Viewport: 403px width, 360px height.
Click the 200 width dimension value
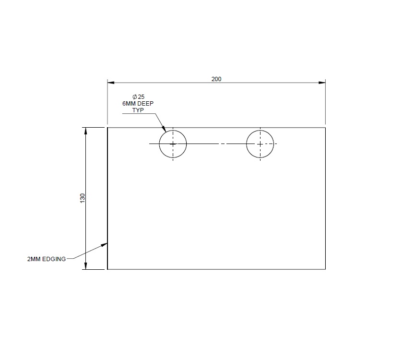tap(216, 79)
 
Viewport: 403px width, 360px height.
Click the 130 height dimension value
tap(83, 198)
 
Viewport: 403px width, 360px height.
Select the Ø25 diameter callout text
tap(139, 97)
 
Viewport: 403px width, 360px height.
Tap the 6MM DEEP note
tap(138, 104)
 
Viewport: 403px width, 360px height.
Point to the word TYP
tap(138, 110)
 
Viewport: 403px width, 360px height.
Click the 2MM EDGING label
tap(47, 259)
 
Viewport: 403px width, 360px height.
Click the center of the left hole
tap(173, 144)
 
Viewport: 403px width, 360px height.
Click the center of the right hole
tap(260, 144)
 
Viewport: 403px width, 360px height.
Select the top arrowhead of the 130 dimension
tap(85, 130)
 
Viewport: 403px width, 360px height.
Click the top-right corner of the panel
tap(325, 127)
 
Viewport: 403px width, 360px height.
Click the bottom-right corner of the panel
tap(325, 269)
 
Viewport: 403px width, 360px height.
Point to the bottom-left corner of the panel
tap(107, 269)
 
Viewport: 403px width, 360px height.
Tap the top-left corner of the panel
tap(107, 127)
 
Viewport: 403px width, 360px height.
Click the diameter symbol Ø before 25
tap(135, 97)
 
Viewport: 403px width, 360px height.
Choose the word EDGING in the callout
tap(54, 259)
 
